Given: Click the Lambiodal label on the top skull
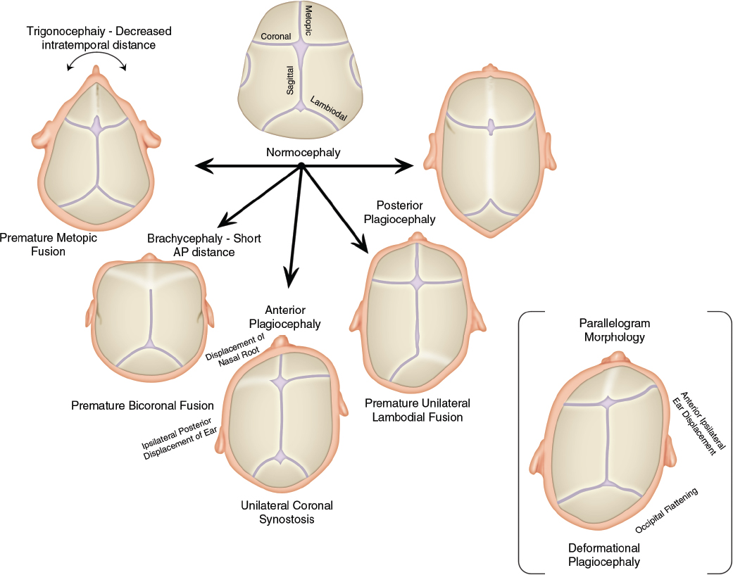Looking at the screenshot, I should pyautogui.click(x=329, y=110).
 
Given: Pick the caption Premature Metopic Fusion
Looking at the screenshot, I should pyautogui.click(x=49, y=244).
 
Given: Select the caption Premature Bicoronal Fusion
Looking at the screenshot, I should pyautogui.click(x=142, y=405).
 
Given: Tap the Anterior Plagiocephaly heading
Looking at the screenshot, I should pyautogui.click(x=293, y=317).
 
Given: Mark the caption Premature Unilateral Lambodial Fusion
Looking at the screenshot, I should pyautogui.click(x=418, y=410).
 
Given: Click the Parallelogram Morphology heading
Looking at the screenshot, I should pyautogui.click(x=614, y=330).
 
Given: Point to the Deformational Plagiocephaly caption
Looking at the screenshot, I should pyautogui.click(x=604, y=555).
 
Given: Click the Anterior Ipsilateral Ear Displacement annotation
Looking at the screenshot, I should pyautogui.click(x=696, y=423).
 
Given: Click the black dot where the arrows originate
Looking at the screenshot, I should pyautogui.click(x=301, y=166).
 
